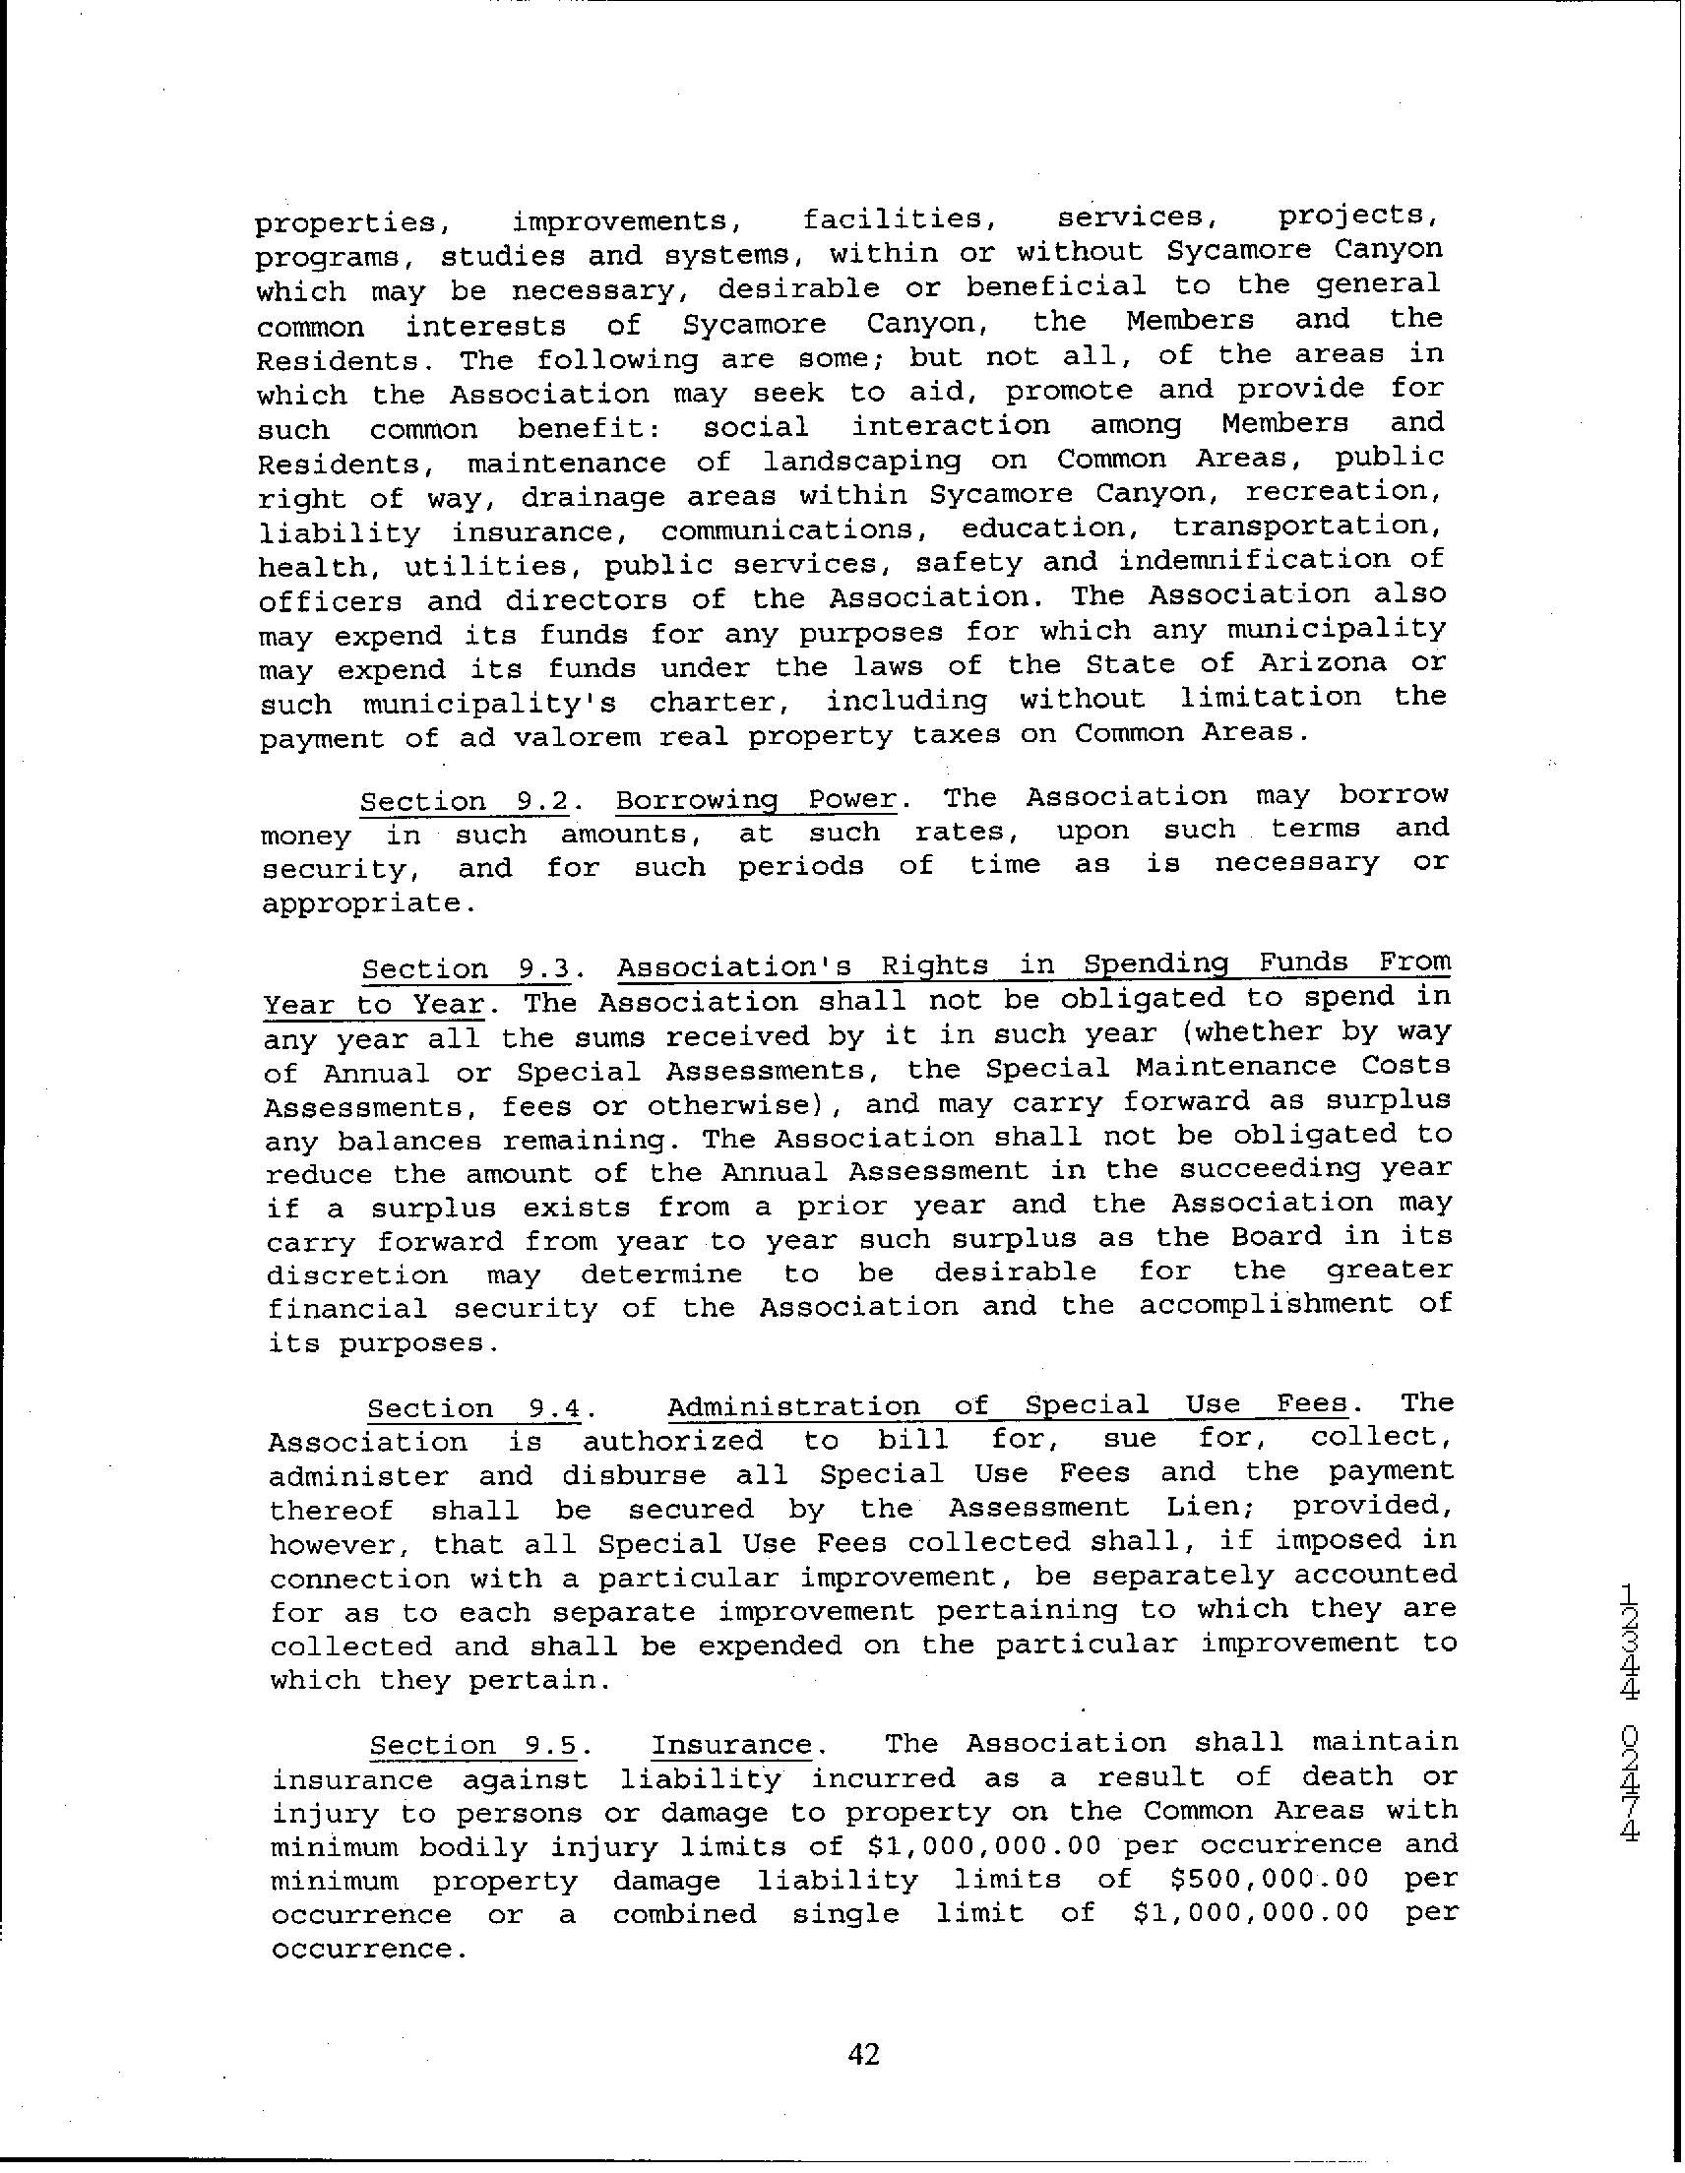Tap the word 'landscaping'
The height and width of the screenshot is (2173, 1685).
click(862, 461)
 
